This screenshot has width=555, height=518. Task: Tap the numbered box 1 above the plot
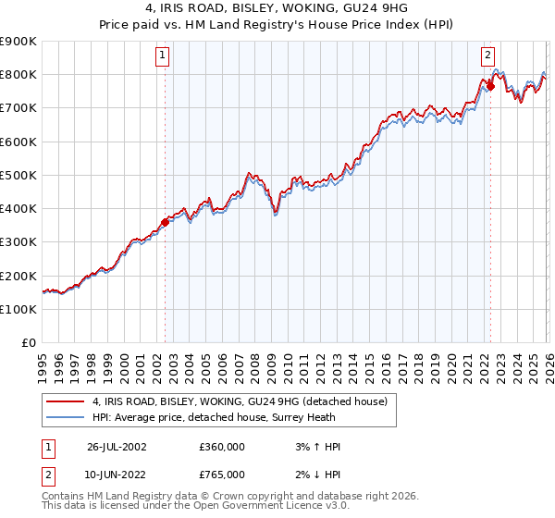click(x=163, y=55)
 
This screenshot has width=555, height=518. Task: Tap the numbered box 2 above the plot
click(x=487, y=55)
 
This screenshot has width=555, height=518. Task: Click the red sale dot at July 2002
click(x=166, y=222)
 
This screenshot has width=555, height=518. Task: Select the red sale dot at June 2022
click(x=490, y=87)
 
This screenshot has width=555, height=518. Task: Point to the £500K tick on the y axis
click(x=18, y=175)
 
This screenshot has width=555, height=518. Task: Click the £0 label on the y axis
click(x=28, y=343)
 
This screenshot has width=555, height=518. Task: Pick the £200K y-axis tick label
click(x=18, y=276)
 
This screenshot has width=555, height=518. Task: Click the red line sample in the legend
click(x=65, y=401)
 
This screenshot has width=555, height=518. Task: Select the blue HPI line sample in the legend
click(x=65, y=417)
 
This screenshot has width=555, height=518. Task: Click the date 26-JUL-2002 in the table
click(x=116, y=447)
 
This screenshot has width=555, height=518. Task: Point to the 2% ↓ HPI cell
click(x=315, y=475)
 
